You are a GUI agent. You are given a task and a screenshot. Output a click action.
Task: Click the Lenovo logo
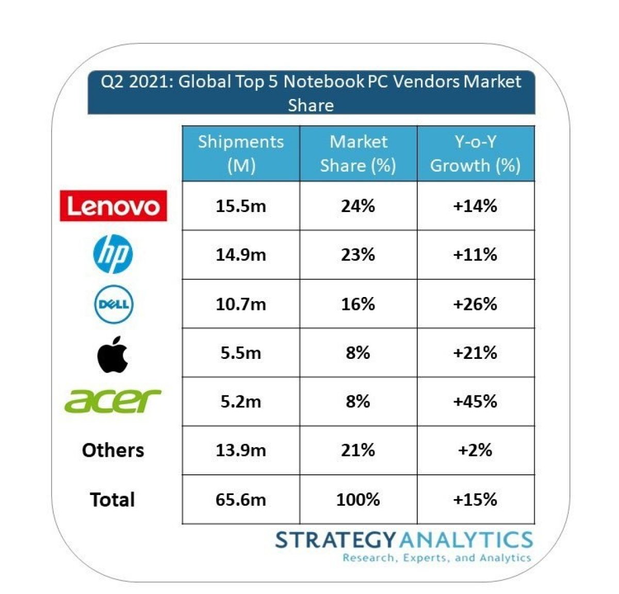(113, 206)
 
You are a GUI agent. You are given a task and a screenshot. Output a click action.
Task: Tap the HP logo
(113, 254)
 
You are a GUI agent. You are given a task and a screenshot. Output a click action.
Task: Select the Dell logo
(113, 304)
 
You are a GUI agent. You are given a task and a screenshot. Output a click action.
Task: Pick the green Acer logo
(113, 401)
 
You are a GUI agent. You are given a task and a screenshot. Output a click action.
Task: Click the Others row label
(113, 450)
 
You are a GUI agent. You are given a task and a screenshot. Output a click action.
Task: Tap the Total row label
(112, 500)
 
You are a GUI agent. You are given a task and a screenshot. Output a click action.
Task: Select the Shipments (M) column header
(241, 154)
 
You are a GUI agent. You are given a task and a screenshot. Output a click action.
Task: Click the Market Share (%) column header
(358, 154)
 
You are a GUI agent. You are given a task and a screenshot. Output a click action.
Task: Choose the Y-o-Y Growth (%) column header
(475, 154)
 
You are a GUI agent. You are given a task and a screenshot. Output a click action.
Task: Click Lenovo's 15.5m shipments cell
(241, 206)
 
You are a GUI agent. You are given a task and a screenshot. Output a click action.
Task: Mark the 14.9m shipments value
(241, 255)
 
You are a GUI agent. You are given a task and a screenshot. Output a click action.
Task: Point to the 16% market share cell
(358, 304)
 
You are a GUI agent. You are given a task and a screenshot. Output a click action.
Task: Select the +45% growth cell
(475, 401)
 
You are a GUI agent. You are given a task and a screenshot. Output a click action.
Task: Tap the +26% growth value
(475, 304)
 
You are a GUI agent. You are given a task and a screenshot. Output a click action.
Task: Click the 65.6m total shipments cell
(241, 500)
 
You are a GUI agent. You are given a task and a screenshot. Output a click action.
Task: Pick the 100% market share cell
(358, 500)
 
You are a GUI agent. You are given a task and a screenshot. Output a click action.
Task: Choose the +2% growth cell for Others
(475, 450)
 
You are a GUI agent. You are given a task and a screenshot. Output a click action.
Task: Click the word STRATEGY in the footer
(336, 540)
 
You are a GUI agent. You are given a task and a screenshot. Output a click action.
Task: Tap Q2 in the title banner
(112, 82)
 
